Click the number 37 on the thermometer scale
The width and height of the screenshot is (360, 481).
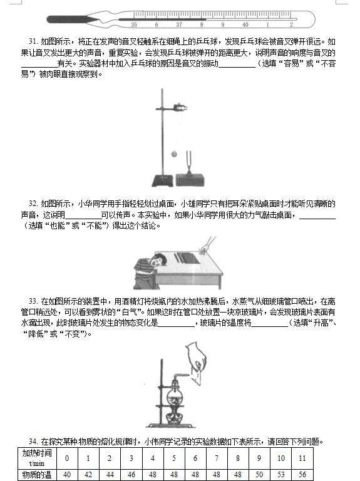(179, 24)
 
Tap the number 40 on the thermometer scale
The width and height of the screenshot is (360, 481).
(245, 24)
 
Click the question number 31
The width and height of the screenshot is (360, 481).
(33, 41)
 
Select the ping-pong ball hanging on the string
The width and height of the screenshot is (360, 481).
(175, 153)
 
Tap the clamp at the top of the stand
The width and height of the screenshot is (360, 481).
(179, 107)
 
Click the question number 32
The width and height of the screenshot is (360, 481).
(33, 204)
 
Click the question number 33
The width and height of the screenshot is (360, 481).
(33, 301)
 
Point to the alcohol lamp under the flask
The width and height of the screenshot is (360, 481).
(174, 416)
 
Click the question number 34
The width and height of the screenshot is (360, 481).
(33, 442)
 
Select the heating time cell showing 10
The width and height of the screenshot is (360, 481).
(281, 458)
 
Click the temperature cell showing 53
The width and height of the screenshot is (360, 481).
(281, 475)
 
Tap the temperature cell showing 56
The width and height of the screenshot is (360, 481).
(302, 475)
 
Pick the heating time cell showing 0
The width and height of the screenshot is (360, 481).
(67, 458)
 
